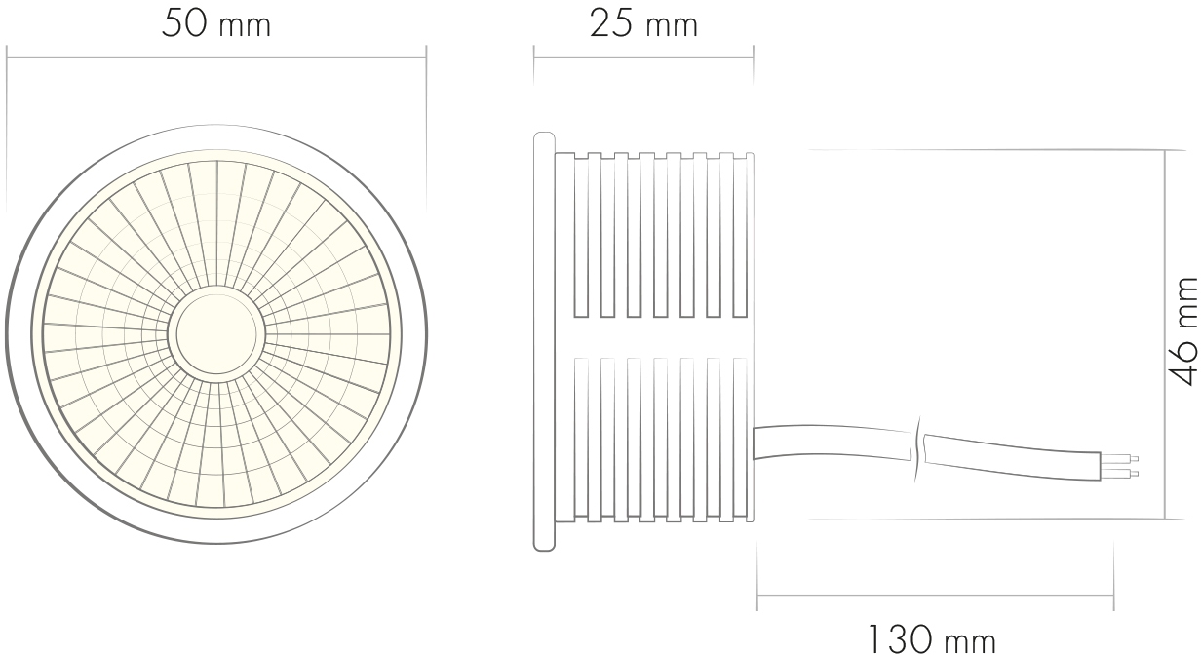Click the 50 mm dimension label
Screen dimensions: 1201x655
point(216,24)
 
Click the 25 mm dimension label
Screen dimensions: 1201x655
point(644,24)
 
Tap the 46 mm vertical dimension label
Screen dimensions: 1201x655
point(1183,331)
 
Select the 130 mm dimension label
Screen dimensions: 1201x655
point(931,638)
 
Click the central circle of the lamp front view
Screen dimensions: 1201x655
point(216,334)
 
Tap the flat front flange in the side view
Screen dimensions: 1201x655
point(544,341)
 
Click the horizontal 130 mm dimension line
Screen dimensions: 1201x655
point(935,595)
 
